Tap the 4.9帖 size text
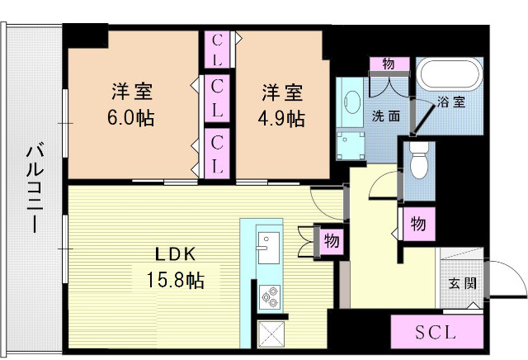(x=284, y=116)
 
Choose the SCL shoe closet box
(x=436, y=334)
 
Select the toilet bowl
(x=419, y=162)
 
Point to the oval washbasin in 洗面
(x=349, y=102)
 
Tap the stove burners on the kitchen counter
(x=270, y=293)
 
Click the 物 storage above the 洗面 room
(x=389, y=64)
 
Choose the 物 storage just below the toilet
(x=418, y=223)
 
